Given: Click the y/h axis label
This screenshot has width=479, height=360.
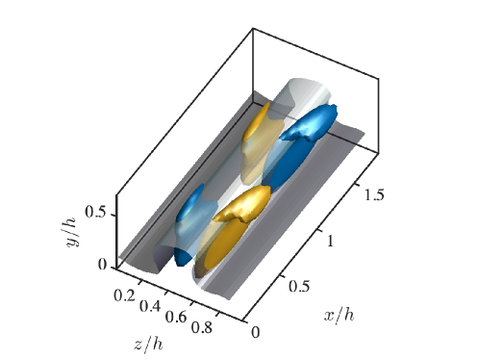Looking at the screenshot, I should pos(72,232).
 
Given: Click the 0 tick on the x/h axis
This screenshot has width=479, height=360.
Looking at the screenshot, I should pos(256,332).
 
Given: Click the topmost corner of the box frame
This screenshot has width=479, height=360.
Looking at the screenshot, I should pos(254,28).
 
